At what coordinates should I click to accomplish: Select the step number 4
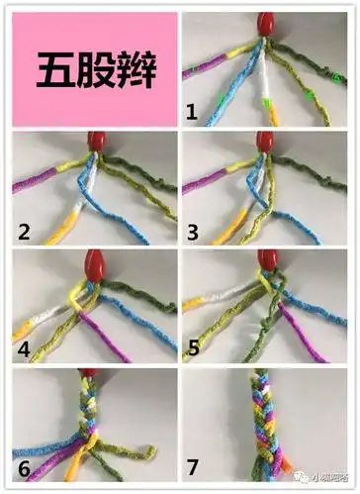(x=24, y=349)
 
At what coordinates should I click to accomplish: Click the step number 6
(x=24, y=467)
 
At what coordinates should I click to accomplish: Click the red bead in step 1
(x=266, y=23)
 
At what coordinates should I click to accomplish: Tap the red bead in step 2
(x=97, y=142)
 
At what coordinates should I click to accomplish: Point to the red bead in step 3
(x=267, y=141)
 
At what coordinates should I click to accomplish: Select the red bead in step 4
(x=95, y=264)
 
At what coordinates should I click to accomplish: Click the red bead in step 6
(x=89, y=373)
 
